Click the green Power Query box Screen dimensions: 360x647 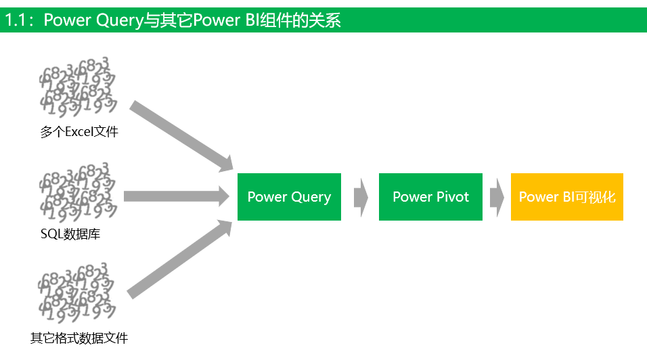coord(289,197)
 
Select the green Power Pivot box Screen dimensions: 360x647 coord(430,197)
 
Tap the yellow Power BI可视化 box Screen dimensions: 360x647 coord(566,197)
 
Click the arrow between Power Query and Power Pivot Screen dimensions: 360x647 coord(361,197)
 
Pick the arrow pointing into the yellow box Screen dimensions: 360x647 coord(497,197)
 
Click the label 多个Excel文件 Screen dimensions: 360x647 coord(79,132)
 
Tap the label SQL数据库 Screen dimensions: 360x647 coord(70,235)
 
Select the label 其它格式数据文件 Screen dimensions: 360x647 coord(79,338)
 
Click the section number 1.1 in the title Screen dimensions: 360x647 coord(16,20)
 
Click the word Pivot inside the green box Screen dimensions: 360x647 coord(451,197)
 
